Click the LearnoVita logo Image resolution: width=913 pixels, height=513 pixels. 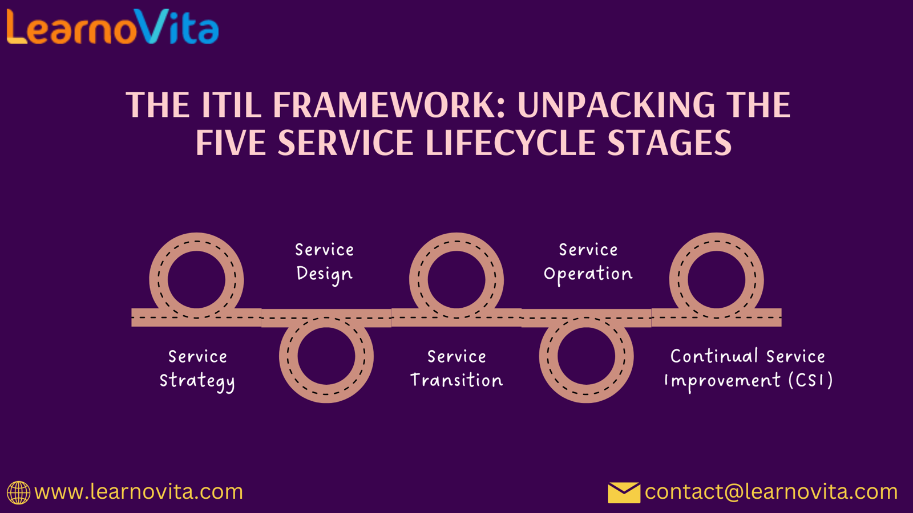[113, 26]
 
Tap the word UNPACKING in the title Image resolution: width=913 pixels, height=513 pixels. [616, 105]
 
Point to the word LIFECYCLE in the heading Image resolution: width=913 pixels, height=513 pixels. [511, 142]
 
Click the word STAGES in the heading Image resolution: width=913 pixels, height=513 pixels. [670, 142]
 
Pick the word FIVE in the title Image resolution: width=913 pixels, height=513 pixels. [231, 142]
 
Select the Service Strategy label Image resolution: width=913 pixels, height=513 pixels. [197, 370]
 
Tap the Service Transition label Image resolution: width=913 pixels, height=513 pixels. [457, 369]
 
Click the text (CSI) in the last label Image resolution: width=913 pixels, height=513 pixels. [810, 380]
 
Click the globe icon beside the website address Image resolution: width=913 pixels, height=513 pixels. [18, 492]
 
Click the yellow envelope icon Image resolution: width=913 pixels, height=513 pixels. [624, 492]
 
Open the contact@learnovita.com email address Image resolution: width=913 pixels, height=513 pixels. [771, 492]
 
